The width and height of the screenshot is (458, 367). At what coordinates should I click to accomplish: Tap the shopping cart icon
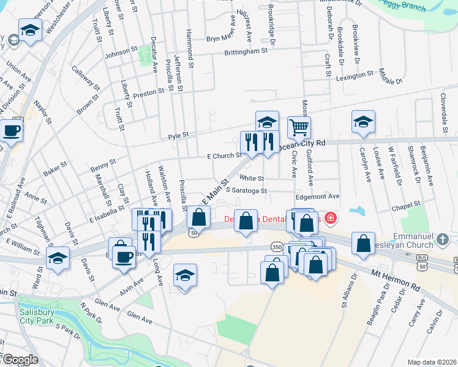[299, 128]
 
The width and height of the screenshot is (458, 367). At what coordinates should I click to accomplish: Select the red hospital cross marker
[331, 217]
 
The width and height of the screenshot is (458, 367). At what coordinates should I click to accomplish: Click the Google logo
[20, 360]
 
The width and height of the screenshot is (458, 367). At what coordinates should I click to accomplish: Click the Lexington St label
[354, 75]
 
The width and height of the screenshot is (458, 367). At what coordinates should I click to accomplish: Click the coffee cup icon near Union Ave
[11, 130]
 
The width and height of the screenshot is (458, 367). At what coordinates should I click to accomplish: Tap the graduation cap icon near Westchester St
[29, 30]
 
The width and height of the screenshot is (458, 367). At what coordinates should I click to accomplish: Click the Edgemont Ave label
[317, 196]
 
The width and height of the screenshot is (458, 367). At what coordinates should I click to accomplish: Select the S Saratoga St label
[246, 190]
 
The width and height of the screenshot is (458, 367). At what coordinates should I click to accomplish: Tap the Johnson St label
[122, 53]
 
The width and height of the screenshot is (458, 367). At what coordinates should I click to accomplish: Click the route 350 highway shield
[276, 247]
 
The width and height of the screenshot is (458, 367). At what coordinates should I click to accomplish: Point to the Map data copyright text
[431, 362]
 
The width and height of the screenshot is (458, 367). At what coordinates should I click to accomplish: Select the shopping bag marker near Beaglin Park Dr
[363, 243]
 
